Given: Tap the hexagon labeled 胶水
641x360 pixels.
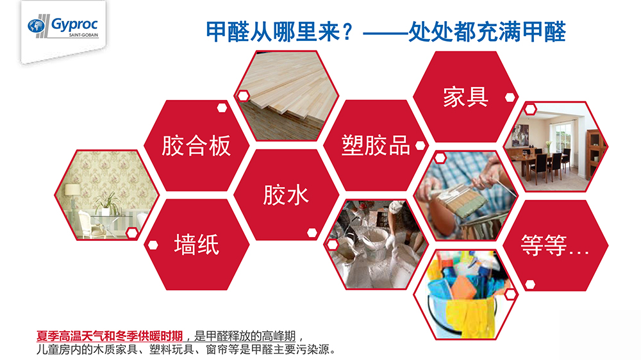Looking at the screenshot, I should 286,195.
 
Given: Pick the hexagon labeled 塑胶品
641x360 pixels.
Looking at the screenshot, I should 376,145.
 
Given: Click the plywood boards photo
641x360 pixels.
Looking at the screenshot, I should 286,96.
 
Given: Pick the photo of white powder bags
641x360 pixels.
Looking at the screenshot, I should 376,244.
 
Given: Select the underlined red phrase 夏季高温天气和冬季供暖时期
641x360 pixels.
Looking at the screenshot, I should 110,335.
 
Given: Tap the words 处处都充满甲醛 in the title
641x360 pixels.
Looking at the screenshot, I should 487,30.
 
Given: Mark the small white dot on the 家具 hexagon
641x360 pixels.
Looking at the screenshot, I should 510,97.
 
